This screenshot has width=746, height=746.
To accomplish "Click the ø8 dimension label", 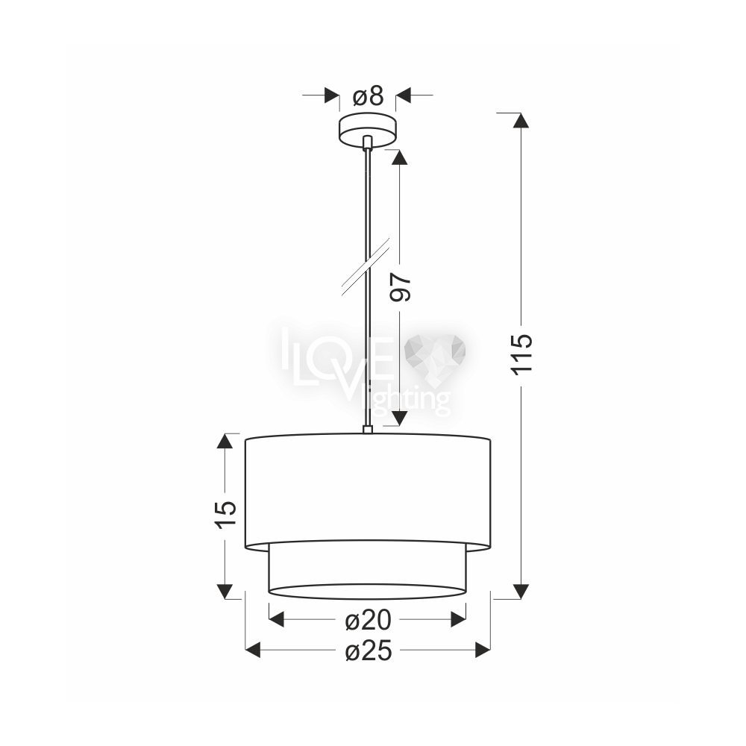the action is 368,96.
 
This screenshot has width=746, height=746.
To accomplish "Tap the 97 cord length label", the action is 400,287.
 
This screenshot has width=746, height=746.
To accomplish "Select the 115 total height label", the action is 521,355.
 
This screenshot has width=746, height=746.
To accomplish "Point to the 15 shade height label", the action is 225,514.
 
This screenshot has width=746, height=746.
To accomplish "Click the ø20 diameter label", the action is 368,620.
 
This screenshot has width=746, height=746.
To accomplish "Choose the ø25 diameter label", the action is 369,651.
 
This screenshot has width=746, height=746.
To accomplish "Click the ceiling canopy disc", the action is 367,129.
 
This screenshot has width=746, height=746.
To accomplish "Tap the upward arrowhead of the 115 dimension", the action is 521,120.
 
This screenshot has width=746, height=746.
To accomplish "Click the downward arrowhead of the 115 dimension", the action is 521,592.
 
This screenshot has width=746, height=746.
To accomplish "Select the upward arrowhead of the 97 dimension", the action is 400,157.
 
